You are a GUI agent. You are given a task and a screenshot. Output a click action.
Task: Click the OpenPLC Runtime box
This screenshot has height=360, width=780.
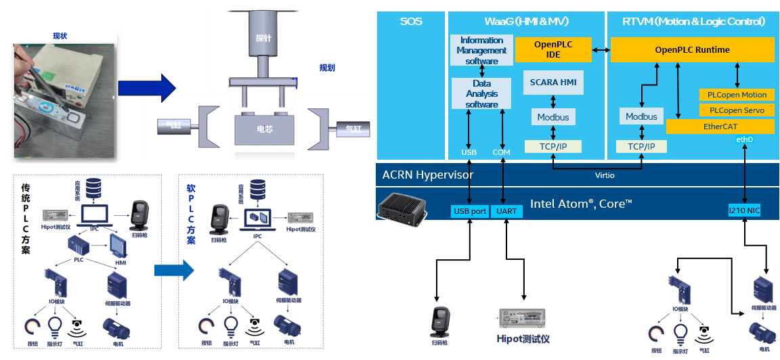692,49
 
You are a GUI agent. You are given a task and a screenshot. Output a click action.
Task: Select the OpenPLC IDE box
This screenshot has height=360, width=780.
552,49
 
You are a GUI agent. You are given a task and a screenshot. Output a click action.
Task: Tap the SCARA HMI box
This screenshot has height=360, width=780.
553,83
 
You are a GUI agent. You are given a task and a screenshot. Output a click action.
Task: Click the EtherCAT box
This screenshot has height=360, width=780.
720,127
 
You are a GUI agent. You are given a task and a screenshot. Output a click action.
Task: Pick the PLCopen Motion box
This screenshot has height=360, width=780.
737,95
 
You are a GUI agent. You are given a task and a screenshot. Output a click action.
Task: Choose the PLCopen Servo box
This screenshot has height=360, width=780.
737,110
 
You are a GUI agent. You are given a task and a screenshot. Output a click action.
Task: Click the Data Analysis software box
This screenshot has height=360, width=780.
481,94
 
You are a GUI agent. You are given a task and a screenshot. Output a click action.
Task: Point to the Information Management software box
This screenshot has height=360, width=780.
481,51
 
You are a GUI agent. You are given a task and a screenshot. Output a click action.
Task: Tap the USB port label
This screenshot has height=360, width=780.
470,211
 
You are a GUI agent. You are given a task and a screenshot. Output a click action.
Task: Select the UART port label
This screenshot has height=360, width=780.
506,211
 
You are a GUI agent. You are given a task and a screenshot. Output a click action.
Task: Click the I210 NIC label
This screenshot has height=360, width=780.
744,211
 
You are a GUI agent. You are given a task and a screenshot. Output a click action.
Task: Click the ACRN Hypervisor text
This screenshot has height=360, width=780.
427,175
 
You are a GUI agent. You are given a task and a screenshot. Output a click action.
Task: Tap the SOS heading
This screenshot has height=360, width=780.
411,22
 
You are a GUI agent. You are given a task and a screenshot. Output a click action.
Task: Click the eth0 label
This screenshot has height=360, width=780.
744,139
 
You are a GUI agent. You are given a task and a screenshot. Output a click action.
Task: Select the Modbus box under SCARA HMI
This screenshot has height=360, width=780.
553,117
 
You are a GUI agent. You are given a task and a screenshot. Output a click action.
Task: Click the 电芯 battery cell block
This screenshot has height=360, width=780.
265,129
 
